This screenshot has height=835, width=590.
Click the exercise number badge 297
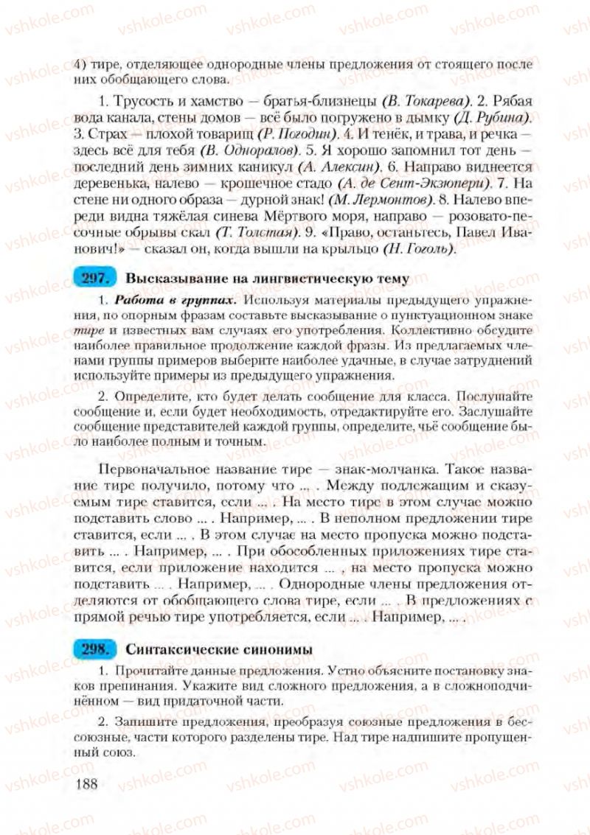(x=96, y=279)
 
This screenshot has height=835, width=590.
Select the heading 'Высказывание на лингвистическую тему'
(x=268, y=279)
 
